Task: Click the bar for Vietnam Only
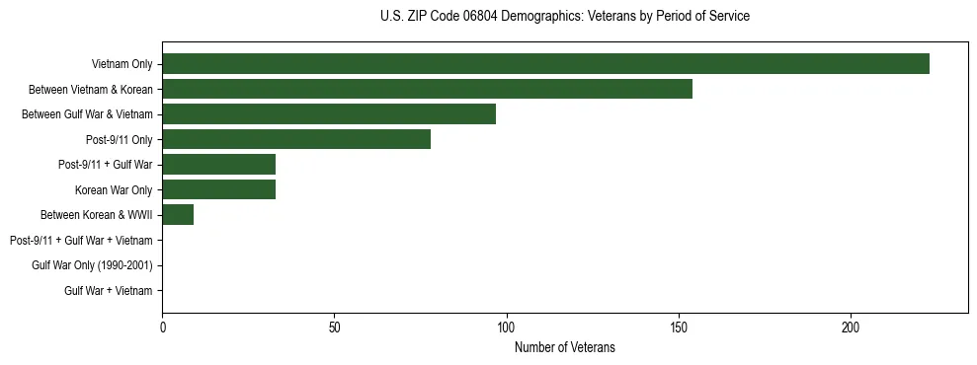[545, 64]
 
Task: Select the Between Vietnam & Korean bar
[427, 89]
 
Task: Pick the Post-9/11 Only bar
[296, 139]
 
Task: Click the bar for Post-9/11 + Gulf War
[218, 165]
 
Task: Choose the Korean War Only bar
[218, 189]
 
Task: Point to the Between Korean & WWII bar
[178, 215]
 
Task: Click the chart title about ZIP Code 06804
[564, 17]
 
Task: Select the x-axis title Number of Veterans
[564, 347]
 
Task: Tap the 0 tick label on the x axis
[162, 327]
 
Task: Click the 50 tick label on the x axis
[334, 327]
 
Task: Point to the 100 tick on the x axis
[506, 327]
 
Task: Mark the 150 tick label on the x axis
[679, 327]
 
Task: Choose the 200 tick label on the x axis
[851, 327]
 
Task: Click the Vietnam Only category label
[122, 64]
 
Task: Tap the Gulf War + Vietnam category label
[108, 291]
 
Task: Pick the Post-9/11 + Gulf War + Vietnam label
[81, 241]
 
